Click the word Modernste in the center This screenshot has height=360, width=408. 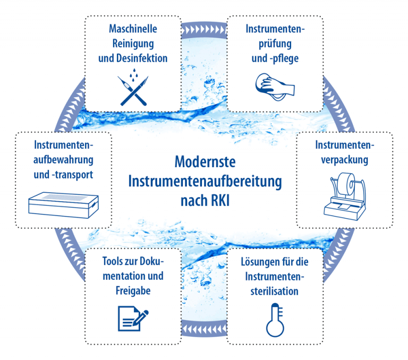[x=205, y=160]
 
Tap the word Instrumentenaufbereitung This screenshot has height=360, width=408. [x=205, y=181]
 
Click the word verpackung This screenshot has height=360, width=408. [x=345, y=159]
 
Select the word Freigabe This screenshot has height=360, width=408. [x=133, y=292]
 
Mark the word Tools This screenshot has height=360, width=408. [x=113, y=262]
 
